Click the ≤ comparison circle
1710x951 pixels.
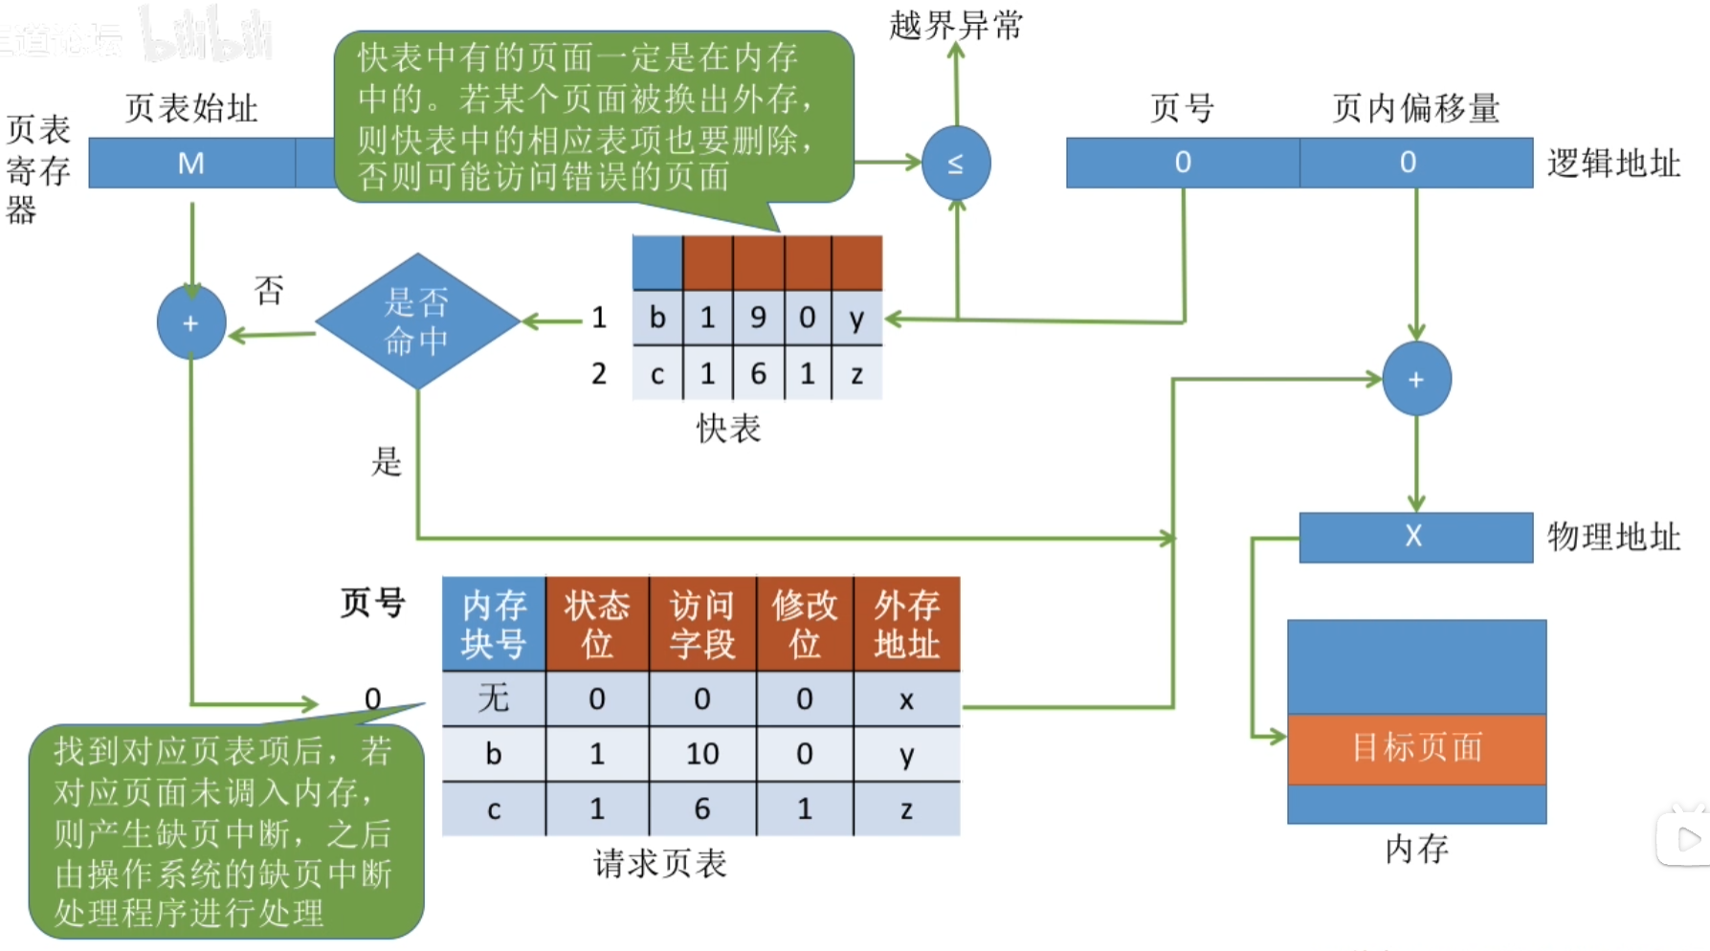955,164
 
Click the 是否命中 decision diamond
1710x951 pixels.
417,321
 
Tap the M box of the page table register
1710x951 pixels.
191,163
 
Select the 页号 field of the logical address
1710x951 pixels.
1183,163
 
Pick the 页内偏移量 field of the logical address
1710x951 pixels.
1415,163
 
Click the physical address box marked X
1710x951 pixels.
1414,537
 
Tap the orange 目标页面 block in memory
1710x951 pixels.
1416,748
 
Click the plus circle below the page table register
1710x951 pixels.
191,323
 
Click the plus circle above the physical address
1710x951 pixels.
1416,379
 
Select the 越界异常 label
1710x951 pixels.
955,26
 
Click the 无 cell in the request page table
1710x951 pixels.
493,698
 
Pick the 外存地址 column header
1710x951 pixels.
906,624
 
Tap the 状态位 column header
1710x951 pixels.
596,624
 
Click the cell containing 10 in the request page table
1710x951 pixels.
701,754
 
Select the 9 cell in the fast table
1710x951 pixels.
758,318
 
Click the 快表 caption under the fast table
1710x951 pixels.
728,429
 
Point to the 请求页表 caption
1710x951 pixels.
659,864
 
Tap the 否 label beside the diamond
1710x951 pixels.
269,290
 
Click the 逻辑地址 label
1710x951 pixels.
1613,164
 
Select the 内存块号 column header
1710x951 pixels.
493,624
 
